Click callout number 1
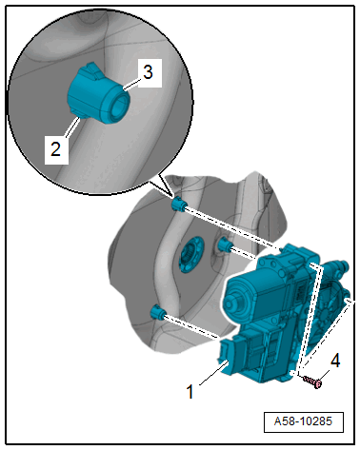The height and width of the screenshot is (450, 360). point(190,391)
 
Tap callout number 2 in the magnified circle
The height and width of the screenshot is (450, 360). point(56,149)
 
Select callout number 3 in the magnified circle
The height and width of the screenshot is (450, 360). point(148,72)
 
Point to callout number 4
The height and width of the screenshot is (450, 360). point(335,361)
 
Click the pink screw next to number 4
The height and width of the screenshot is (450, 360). point(312,382)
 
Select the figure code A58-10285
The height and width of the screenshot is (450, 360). point(303,421)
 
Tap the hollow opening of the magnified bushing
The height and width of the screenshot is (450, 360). point(119,104)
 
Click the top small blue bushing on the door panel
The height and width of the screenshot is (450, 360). point(178,204)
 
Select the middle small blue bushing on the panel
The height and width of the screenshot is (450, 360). point(224,245)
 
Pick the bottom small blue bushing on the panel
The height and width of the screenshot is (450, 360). point(158,312)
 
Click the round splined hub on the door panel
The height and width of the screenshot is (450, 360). point(190,254)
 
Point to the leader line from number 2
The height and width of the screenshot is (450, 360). point(72,127)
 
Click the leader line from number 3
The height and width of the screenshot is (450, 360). point(131,85)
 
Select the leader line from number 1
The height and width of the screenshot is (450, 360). point(213,375)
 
